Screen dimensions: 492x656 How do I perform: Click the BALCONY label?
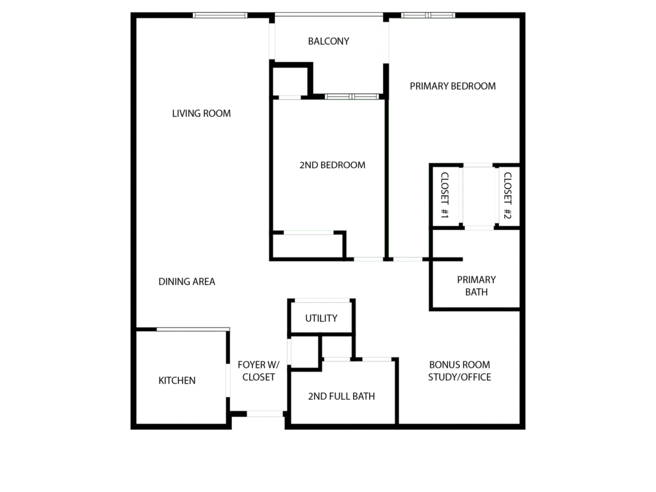pos(329,42)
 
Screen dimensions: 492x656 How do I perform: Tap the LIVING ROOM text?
pos(201,113)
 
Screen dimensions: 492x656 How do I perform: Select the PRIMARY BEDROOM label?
pos(452,86)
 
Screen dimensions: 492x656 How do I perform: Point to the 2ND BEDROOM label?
pos(332,165)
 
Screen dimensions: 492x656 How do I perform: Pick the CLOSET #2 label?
pos(507,195)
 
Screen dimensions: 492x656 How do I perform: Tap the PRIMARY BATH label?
pos(476,286)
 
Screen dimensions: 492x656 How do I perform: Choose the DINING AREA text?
pos(186,281)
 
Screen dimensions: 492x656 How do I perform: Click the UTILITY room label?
pos(321,318)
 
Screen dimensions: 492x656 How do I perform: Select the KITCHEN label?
pos(177,381)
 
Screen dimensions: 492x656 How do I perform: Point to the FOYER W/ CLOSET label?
pos(256,371)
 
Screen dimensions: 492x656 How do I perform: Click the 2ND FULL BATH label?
pos(341,397)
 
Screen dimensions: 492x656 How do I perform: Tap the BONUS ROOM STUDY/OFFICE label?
pos(459,371)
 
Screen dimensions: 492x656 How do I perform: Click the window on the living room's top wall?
pos(220,15)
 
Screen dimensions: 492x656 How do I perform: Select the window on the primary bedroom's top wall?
pos(428,15)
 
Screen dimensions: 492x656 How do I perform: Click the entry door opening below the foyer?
pos(265,414)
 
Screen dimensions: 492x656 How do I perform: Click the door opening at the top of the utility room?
pos(322,300)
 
